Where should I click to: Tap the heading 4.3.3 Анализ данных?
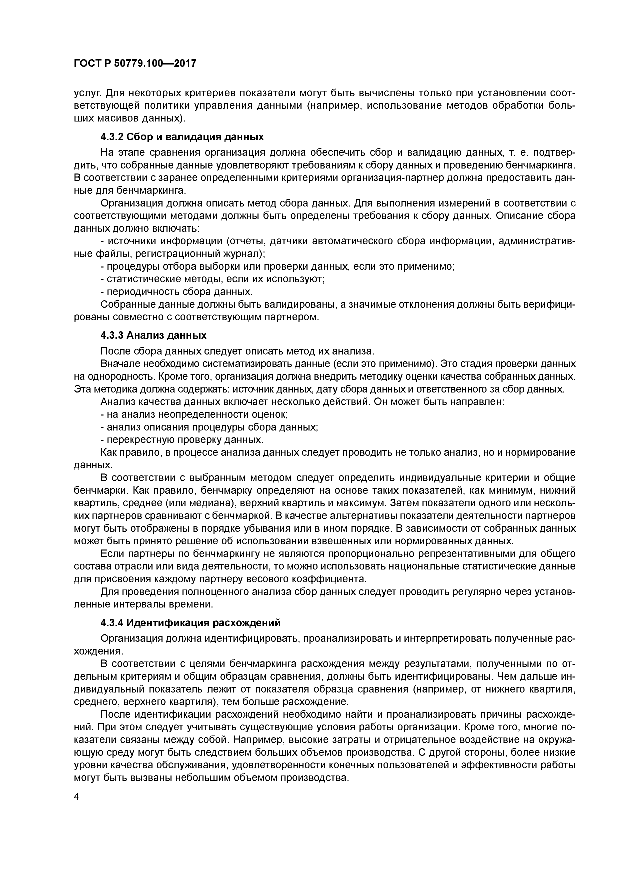click(153, 335)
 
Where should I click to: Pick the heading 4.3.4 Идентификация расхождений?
click(190, 622)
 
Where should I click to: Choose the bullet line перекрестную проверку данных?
click(182, 439)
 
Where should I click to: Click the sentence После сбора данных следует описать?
click(236, 351)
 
